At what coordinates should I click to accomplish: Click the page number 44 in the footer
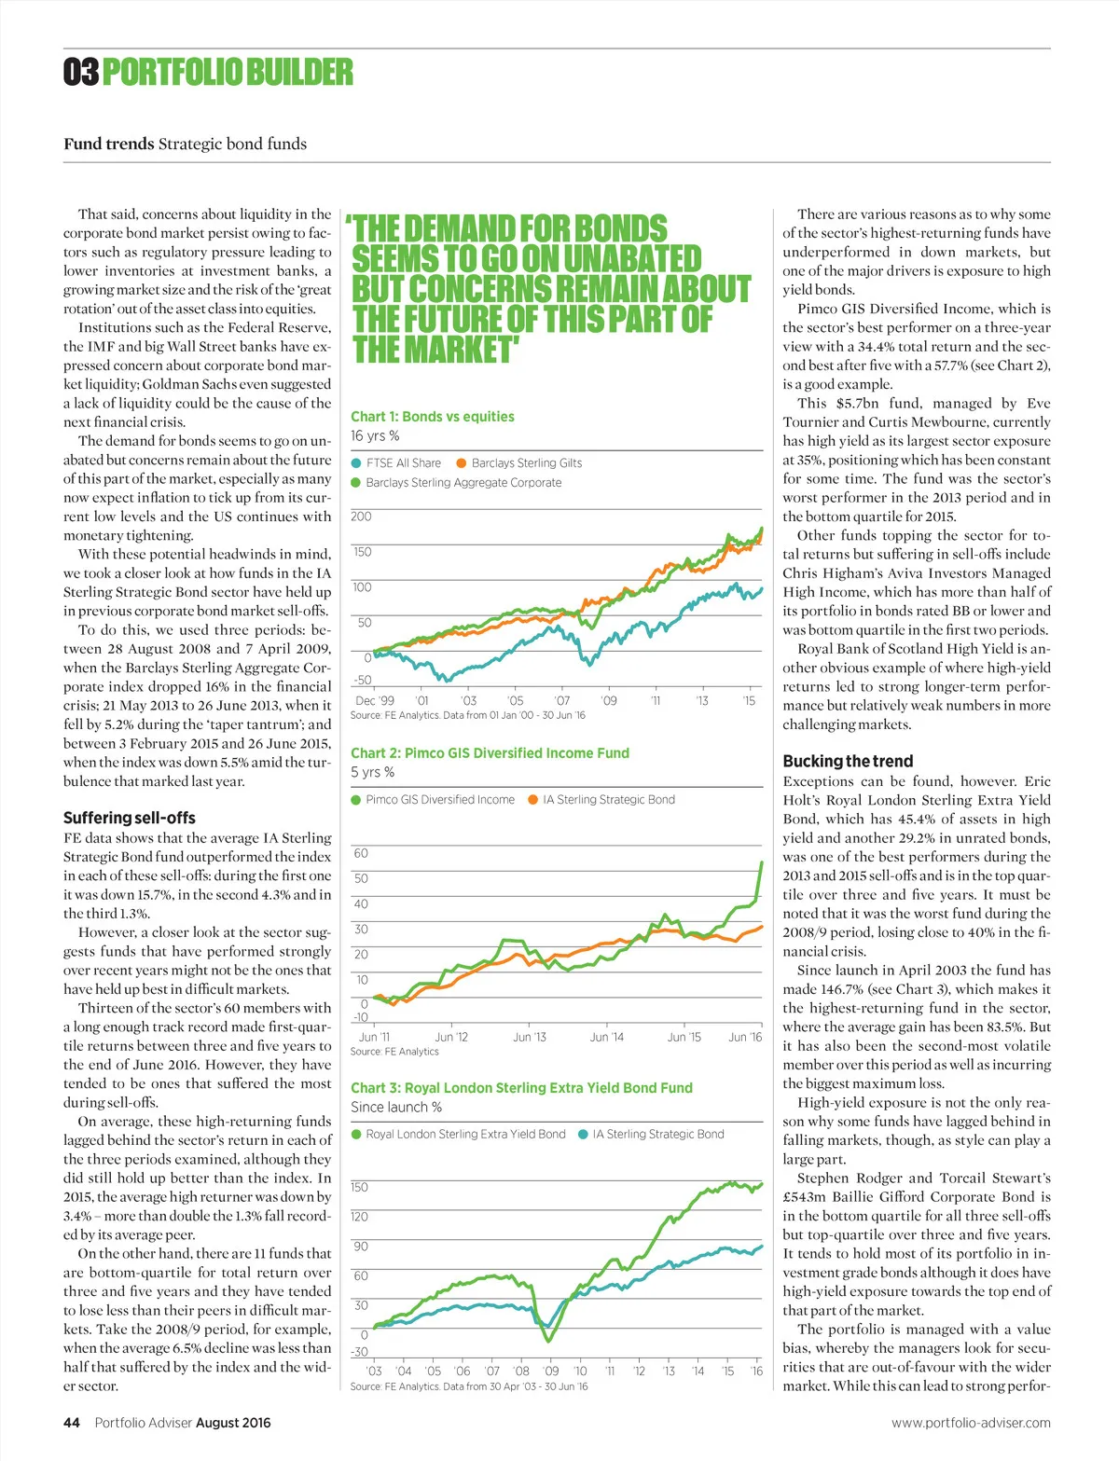(x=72, y=1423)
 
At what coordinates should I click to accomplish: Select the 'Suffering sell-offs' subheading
(x=130, y=818)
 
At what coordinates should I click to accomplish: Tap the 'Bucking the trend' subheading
(x=848, y=761)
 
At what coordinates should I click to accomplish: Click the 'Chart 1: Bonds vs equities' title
(x=433, y=417)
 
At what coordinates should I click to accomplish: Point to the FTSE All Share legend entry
(x=396, y=462)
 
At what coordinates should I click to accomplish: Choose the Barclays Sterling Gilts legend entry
(x=519, y=462)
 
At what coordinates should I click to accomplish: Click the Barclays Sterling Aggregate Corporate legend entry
(x=457, y=483)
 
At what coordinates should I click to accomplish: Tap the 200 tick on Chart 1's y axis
(x=361, y=517)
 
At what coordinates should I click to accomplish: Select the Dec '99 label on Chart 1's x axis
(x=375, y=700)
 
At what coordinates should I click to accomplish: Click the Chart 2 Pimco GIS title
(x=490, y=753)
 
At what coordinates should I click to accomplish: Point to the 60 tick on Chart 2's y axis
(x=361, y=853)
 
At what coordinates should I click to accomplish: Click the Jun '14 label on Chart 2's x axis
(x=607, y=1037)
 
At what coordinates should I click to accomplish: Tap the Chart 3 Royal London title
(x=521, y=1088)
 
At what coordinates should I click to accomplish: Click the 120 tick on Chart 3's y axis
(x=360, y=1217)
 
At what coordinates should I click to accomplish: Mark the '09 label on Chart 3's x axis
(x=551, y=1371)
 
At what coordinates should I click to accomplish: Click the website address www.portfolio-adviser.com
(x=971, y=1423)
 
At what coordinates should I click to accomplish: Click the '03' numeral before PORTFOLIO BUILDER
(x=81, y=72)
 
